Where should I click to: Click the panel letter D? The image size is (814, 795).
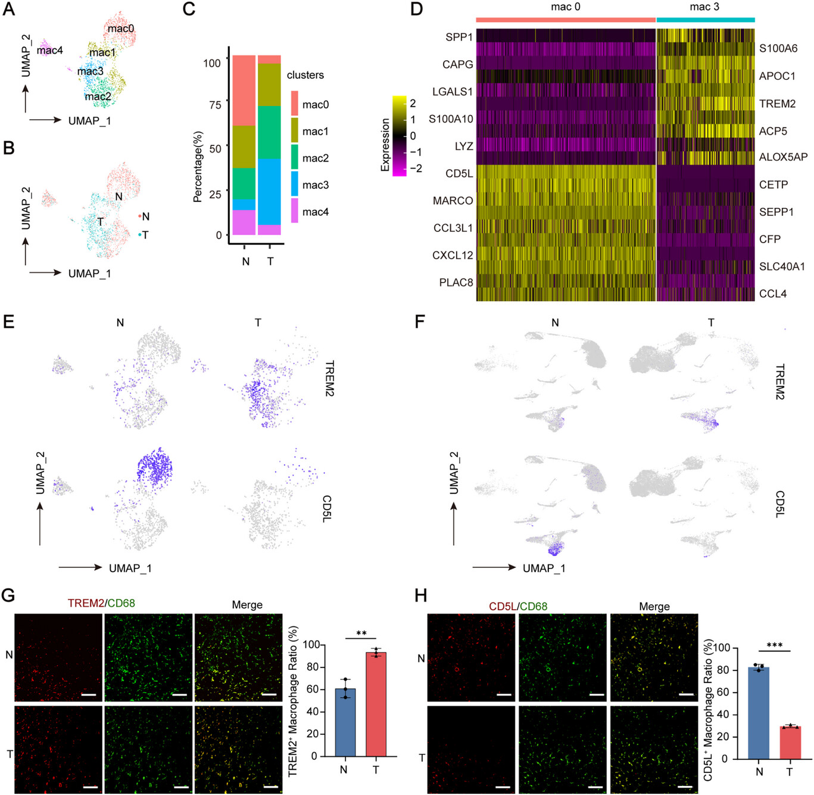point(416,9)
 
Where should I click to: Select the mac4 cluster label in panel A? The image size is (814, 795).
point(49,50)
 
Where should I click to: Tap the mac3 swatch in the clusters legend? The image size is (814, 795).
point(295,184)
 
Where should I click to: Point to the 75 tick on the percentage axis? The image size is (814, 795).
point(214,105)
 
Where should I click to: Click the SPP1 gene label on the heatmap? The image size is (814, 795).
point(459,37)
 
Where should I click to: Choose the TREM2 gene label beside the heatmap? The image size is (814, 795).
point(777,104)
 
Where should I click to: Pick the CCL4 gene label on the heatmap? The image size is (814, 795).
point(772,294)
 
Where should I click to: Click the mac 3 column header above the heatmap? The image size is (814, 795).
point(704,7)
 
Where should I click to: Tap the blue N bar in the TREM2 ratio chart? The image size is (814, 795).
point(345,722)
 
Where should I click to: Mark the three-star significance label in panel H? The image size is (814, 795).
point(774,645)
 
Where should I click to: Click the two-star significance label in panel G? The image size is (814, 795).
point(361,633)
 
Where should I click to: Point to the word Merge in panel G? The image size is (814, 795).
point(247,605)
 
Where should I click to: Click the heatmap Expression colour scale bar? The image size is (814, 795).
point(399,136)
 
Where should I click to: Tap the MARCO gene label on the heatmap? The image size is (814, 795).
point(453,201)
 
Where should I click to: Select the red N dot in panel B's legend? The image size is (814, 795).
point(139,216)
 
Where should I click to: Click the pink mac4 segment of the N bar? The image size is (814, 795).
point(244,222)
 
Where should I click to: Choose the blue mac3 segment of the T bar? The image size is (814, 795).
point(270,191)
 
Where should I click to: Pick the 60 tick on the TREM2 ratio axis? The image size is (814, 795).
point(312,690)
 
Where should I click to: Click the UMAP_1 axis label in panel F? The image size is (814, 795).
point(544,568)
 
